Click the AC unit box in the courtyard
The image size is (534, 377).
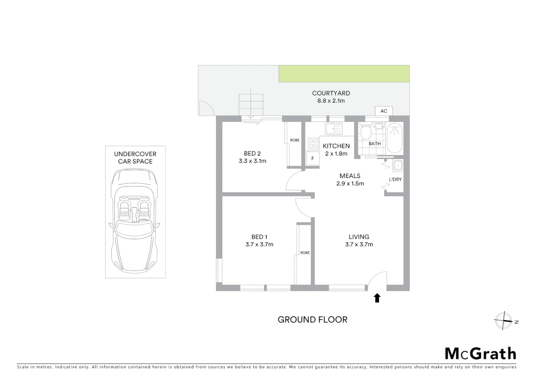point(383,111)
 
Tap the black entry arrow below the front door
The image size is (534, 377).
point(377,298)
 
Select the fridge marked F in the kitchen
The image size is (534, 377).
point(312,158)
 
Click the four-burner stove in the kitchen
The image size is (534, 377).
point(313,143)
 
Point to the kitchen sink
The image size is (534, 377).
point(334,128)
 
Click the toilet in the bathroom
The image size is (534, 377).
point(366,132)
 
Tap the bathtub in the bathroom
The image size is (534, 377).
point(395,138)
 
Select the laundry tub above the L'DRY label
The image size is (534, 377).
point(398,165)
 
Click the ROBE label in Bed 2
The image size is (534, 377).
point(295,140)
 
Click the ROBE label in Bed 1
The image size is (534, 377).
point(305,253)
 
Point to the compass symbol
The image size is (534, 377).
point(503,321)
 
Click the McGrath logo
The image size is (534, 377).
point(480,354)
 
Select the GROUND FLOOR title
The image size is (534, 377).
point(312,320)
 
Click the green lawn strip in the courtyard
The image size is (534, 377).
point(344,74)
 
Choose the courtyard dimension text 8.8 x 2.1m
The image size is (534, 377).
point(331,101)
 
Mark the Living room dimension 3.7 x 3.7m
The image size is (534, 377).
point(359,244)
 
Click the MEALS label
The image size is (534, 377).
point(350,176)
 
